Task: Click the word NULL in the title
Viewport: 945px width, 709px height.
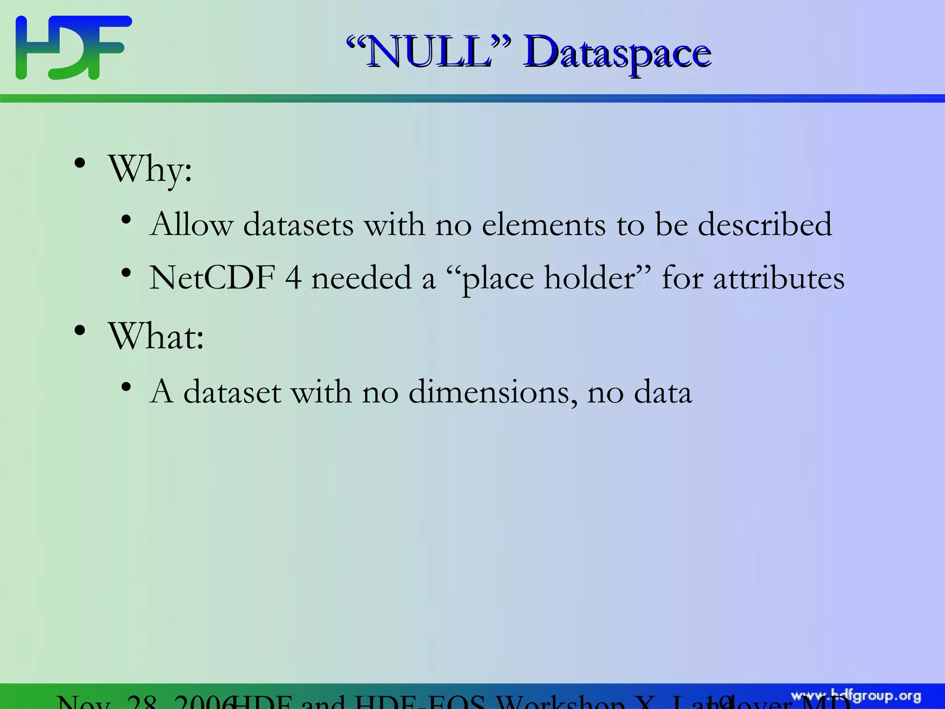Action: (429, 53)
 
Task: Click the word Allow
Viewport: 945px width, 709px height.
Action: (191, 225)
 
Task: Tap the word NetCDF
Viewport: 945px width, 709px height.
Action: (212, 278)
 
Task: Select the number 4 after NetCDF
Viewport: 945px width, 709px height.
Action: (293, 278)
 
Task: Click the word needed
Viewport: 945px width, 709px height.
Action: (361, 278)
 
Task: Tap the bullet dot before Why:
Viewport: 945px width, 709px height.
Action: (80, 164)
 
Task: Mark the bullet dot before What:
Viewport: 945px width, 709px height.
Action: (80, 331)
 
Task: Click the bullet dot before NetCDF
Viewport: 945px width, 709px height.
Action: (126, 273)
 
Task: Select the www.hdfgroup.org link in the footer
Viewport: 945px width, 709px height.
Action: (856, 696)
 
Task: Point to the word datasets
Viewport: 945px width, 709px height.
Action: (298, 225)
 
